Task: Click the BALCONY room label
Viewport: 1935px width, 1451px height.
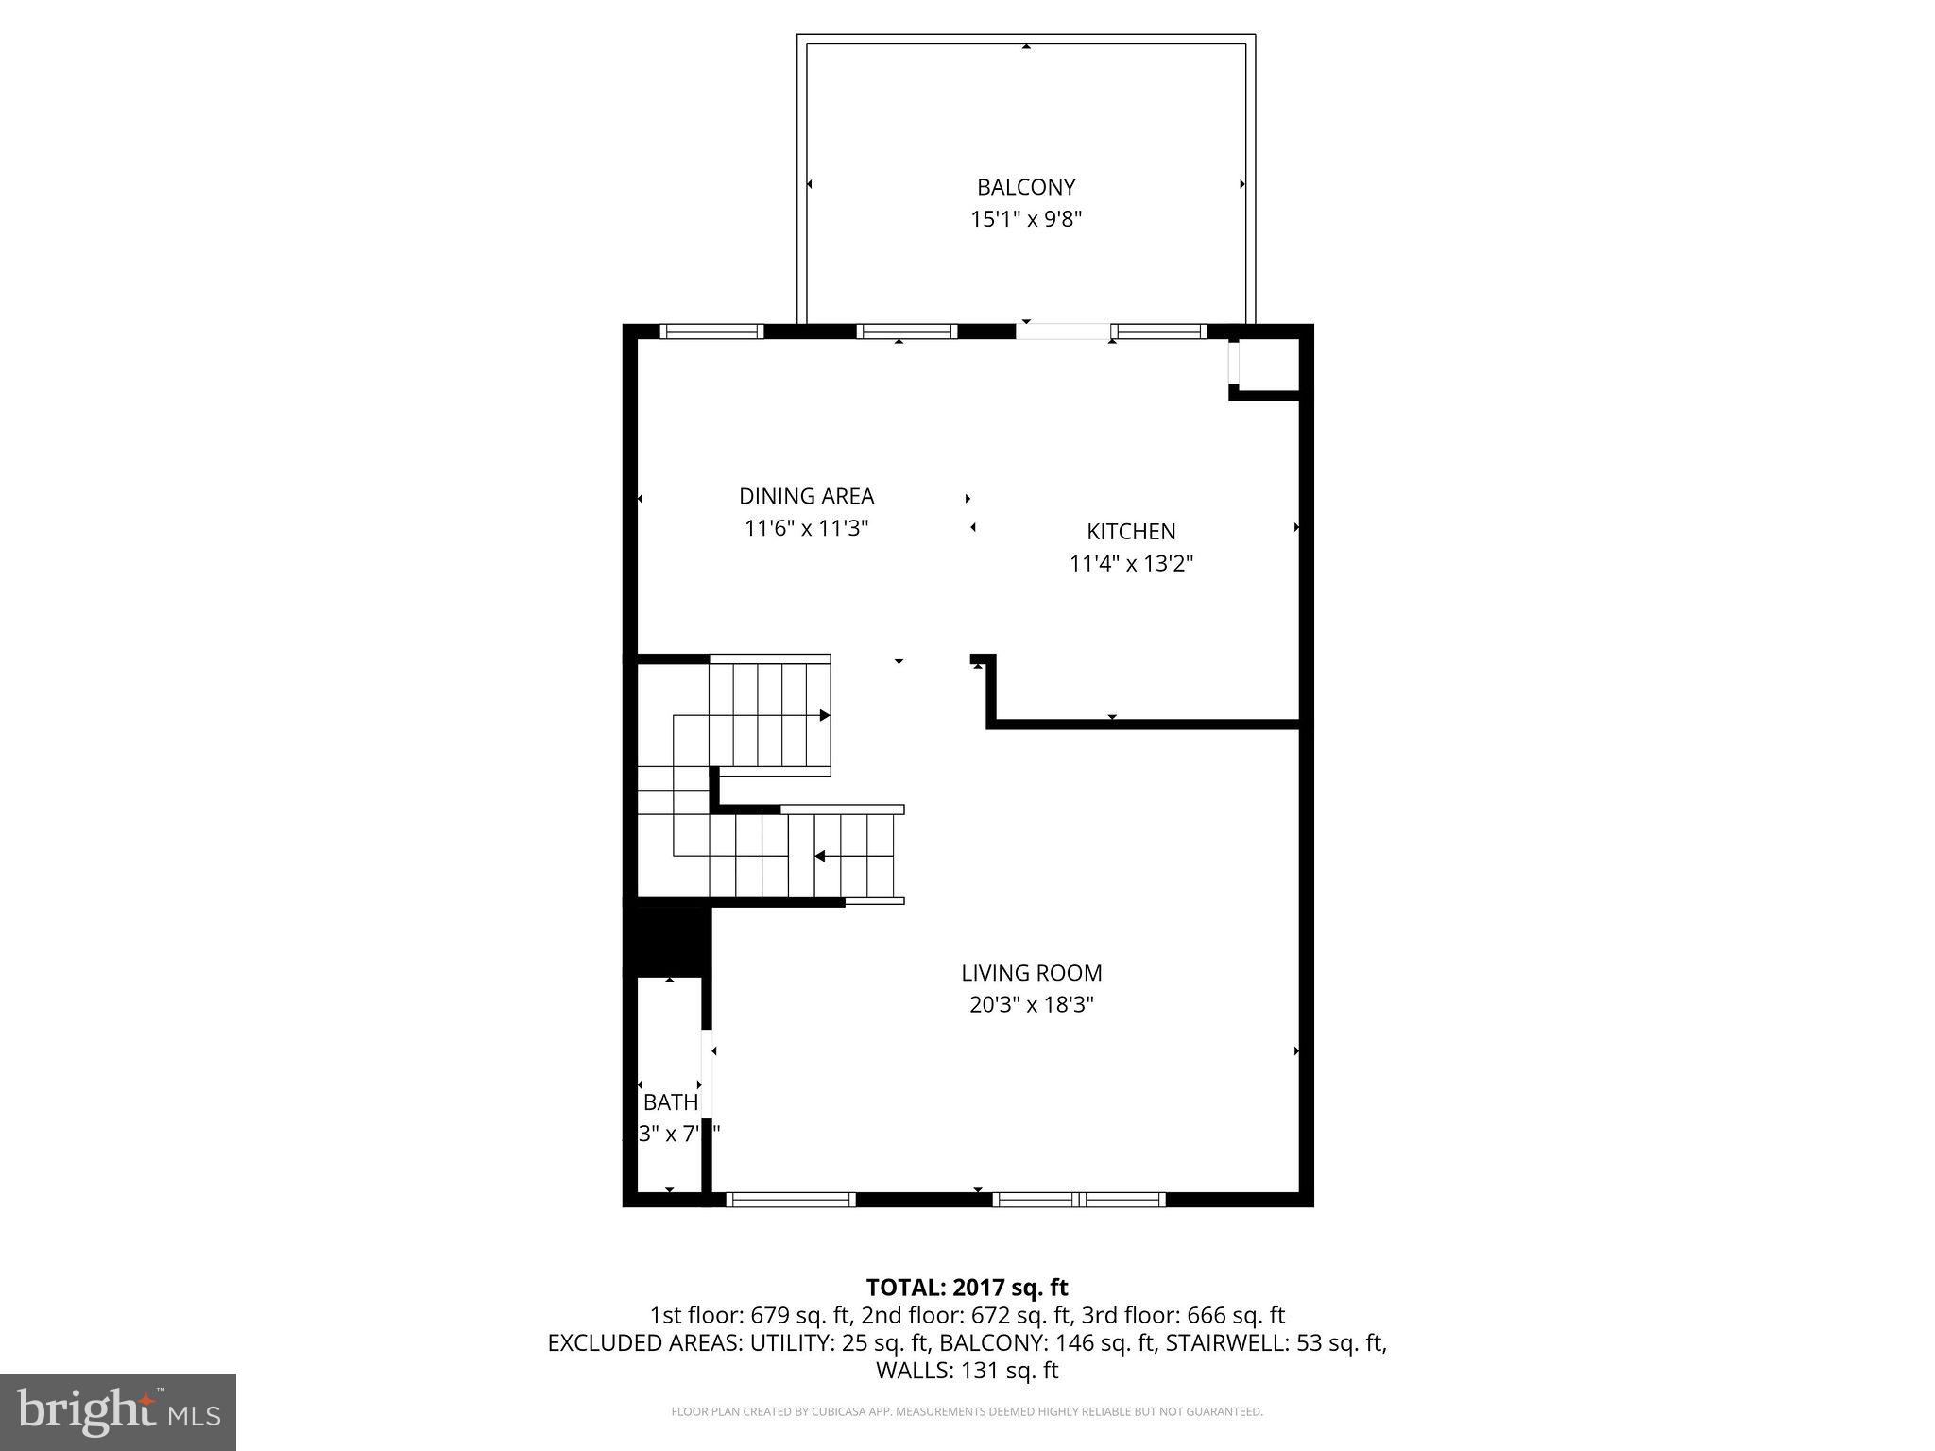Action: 1025,187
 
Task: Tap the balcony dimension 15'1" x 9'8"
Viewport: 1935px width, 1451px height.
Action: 1025,219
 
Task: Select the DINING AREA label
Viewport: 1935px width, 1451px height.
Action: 806,496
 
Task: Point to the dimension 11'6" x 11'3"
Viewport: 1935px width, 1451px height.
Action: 806,528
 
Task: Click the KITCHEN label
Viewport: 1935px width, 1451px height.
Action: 1131,531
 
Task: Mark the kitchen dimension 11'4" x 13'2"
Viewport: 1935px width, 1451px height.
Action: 1131,564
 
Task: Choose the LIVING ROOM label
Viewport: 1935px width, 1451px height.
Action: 1031,972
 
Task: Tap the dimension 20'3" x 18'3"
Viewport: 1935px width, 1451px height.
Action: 1031,1004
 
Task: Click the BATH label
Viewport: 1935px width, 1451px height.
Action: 671,1101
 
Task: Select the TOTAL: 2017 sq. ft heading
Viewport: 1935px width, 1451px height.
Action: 967,1287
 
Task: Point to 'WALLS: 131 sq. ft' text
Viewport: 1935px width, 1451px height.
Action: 967,1370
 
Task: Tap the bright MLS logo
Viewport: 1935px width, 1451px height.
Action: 118,1411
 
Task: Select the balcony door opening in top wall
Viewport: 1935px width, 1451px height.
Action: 1063,332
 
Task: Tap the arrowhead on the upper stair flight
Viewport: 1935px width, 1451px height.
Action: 824,715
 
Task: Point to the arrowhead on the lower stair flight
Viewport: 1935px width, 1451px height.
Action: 820,856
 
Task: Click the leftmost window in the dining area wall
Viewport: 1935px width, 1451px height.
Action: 711,332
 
